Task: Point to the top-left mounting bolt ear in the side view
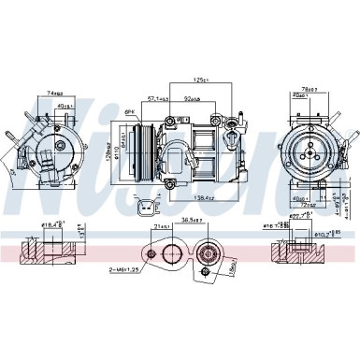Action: click(170, 124)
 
